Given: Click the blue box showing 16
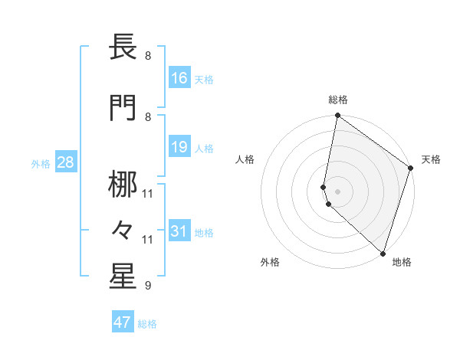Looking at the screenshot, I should [x=179, y=78].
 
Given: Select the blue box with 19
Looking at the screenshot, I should [x=179, y=147].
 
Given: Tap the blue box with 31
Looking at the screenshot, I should [x=179, y=231].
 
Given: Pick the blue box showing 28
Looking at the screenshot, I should [x=65, y=162].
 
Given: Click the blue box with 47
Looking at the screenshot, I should [x=123, y=322].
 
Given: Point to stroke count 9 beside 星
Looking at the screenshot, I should [x=147, y=286].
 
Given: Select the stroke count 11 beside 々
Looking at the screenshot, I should [x=147, y=240].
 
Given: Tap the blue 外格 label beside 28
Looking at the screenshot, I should [x=40, y=163].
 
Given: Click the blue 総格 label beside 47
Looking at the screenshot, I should [x=147, y=323].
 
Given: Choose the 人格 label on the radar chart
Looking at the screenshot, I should [x=245, y=159].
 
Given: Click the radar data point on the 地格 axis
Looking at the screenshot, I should [x=383, y=253].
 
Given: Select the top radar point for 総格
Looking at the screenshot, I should [x=337, y=116].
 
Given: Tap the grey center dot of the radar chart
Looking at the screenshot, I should [x=337, y=191].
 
